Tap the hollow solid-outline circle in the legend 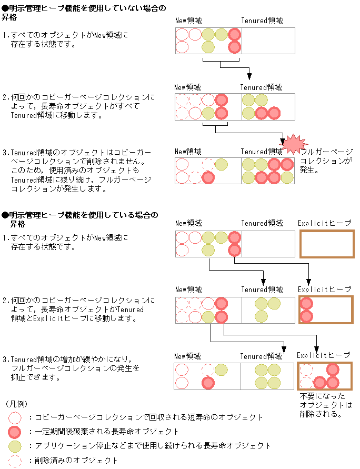click(16, 417)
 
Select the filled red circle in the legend click(16, 432)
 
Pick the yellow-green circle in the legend click(16, 446)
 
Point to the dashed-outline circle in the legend click(16, 460)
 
